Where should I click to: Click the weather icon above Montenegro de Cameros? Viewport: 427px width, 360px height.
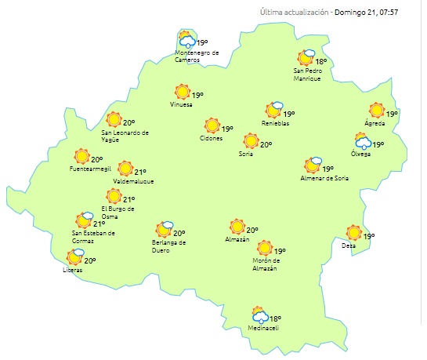point(186,40)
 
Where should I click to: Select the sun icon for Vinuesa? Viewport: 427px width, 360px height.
point(182,92)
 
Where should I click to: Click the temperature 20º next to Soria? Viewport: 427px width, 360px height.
point(266,144)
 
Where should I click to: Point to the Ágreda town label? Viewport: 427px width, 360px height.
point(376,123)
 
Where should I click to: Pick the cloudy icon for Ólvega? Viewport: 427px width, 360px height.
point(363,142)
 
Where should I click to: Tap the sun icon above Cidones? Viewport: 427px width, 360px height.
point(212,125)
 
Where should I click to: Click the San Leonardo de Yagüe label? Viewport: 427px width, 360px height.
point(125,136)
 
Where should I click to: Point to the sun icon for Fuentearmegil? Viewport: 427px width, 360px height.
point(81,157)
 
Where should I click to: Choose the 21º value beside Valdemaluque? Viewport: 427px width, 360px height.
point(140,172)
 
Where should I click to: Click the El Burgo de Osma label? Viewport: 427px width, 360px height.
point(118,212)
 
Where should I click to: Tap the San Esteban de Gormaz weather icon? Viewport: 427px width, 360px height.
point(85,220)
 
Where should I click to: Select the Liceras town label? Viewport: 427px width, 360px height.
point(73,270)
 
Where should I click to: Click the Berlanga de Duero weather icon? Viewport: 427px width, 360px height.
point(164,230)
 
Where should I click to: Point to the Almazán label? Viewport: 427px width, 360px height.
point(237,239)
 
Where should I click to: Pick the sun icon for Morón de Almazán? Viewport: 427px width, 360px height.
point(265,249)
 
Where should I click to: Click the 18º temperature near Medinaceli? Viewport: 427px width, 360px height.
point(275,318)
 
